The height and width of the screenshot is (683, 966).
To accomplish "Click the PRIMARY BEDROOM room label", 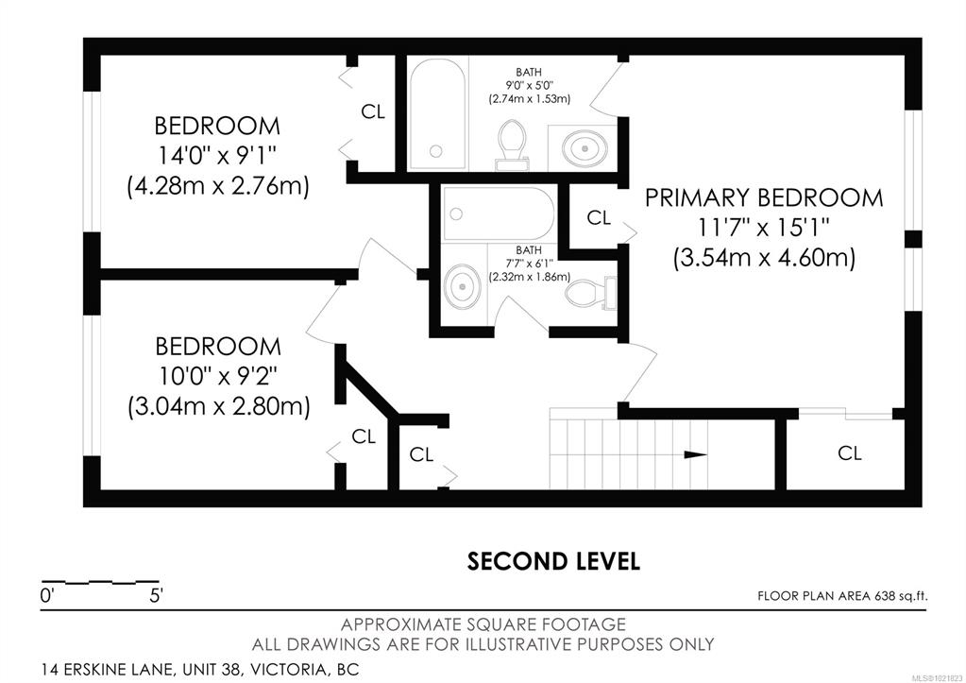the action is pos(764,197).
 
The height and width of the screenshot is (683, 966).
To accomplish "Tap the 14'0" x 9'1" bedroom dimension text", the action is pos(217,155).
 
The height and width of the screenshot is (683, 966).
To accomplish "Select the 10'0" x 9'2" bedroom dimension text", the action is pos(218,376).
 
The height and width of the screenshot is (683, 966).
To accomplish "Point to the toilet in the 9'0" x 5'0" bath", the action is pos(512,145).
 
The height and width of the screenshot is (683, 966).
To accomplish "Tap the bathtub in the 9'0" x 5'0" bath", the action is pos(437,113).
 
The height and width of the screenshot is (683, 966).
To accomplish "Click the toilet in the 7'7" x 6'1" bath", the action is pos(591,293).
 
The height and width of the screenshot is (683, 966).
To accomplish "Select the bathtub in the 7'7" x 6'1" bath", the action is pos(499,213).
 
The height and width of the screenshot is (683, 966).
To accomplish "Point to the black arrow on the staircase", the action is pos(696,455).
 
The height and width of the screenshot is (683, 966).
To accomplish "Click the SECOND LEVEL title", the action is pos(553,561).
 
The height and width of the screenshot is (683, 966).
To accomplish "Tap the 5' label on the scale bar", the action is pos(155,596).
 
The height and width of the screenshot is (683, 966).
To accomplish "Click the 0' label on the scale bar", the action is pos(47,596).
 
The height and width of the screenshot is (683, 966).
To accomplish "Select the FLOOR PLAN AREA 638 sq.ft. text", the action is pos(842,596).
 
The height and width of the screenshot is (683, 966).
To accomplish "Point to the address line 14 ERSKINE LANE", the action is pos(200,669).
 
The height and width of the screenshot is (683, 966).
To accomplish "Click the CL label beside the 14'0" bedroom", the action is pos(373,111).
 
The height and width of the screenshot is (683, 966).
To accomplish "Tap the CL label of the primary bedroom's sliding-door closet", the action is pos(849,453).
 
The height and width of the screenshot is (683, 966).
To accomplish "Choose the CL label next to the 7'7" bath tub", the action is pos(599,217).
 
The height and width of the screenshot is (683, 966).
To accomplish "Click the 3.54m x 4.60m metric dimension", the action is pos(764,257).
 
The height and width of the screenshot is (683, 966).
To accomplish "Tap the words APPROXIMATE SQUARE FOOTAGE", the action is pos(483,624).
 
